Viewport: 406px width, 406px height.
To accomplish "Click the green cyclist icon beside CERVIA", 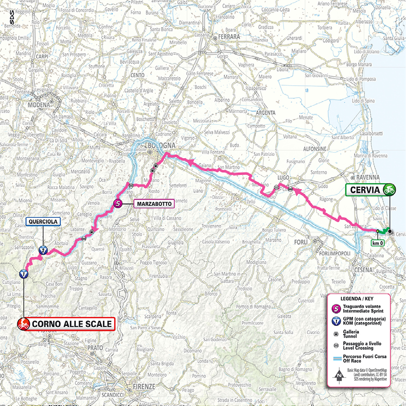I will point(389,190).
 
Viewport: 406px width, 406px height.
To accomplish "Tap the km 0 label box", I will point(378,243).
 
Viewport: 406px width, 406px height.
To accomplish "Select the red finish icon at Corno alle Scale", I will point(22,325).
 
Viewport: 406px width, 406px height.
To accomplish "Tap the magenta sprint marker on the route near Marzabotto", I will point(118,204).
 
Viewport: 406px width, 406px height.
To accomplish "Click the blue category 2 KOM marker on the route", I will point(42,250).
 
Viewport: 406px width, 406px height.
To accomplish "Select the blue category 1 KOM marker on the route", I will point(23,274).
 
